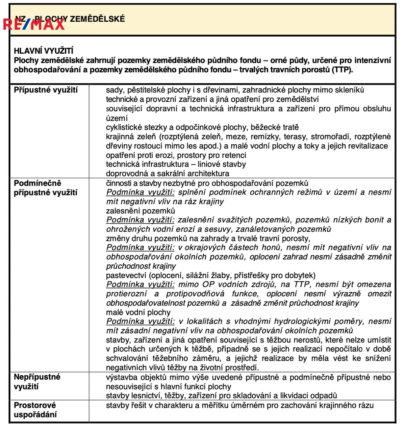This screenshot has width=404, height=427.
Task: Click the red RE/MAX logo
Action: [34, 24]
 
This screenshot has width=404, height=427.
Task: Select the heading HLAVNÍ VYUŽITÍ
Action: [43, 51]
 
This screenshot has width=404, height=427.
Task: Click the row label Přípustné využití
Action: [46, 90]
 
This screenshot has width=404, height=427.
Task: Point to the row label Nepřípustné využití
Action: [37, 382]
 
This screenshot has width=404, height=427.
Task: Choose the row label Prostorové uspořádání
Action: [35, 410]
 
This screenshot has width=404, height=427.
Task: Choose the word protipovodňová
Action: [195, 294]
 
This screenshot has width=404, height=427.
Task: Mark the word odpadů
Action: [324, 396]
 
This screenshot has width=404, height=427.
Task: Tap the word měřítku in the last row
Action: [211, 405]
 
